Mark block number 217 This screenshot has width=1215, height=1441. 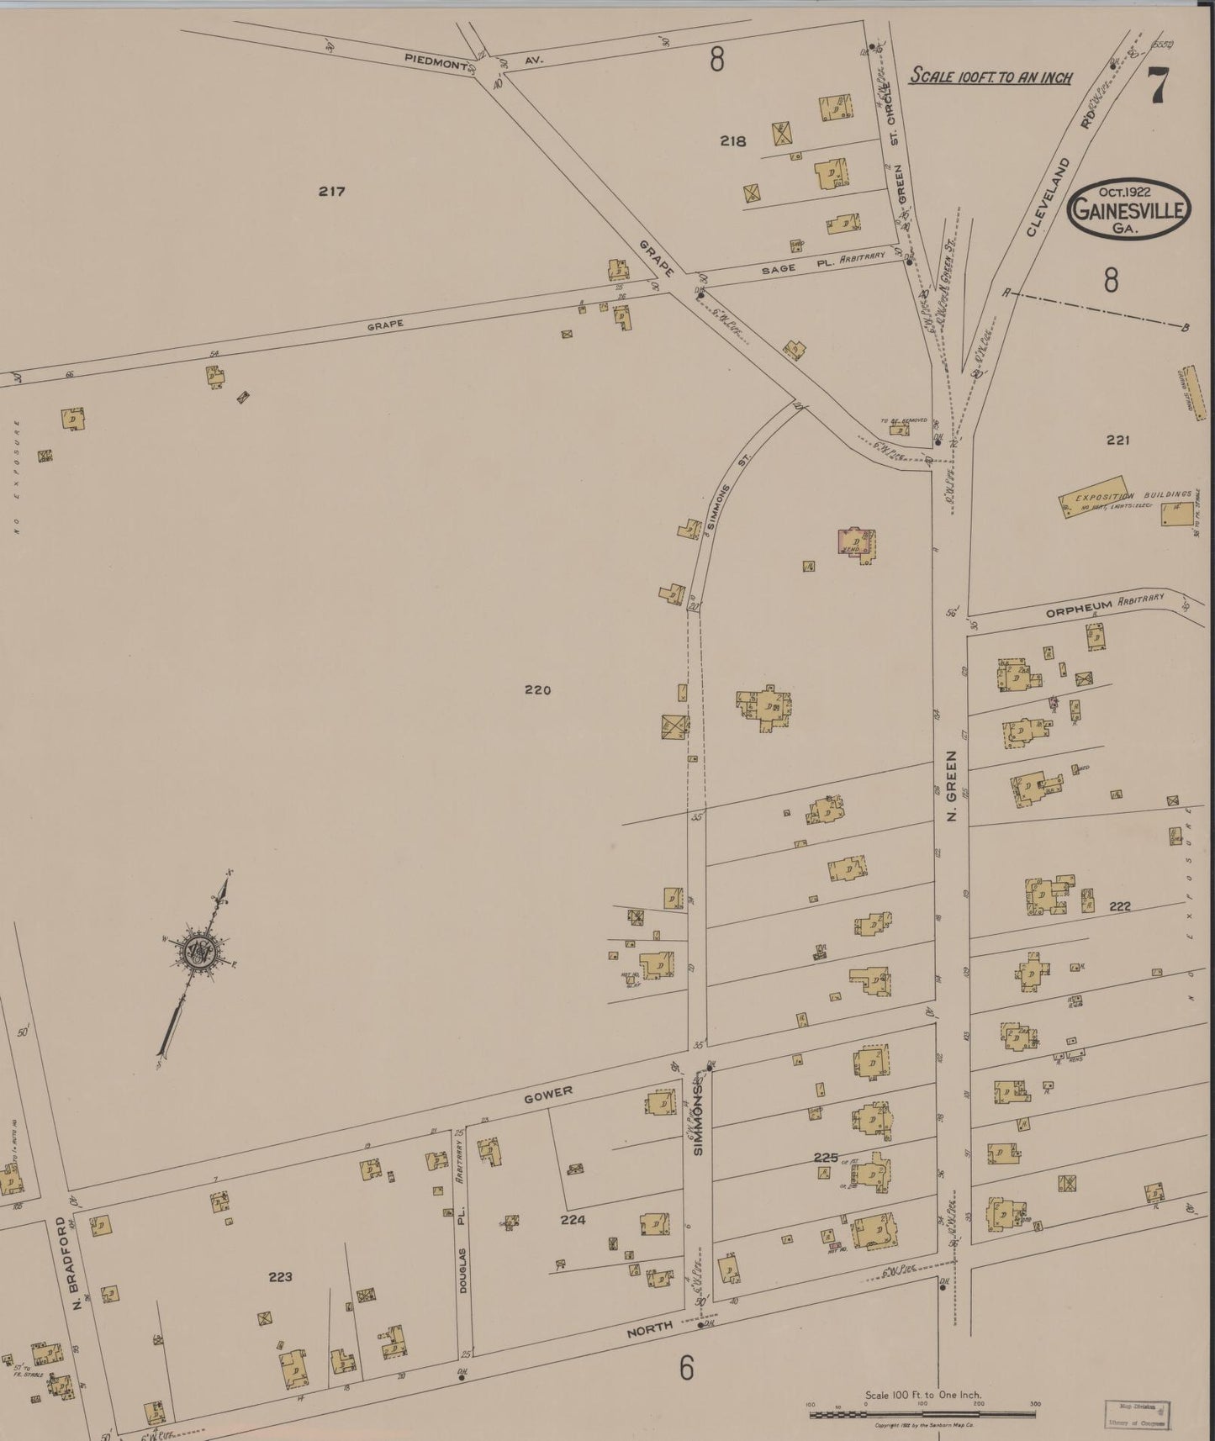pos(332,192)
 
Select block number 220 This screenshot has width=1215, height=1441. pos(537,690)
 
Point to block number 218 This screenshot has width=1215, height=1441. pos(732,141)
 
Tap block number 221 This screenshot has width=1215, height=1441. pos(1117,440)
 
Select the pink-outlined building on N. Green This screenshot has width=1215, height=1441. pos(857,541)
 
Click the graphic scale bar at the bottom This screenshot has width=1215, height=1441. pos(922,1414)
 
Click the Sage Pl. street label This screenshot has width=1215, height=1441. pos(799,269)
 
